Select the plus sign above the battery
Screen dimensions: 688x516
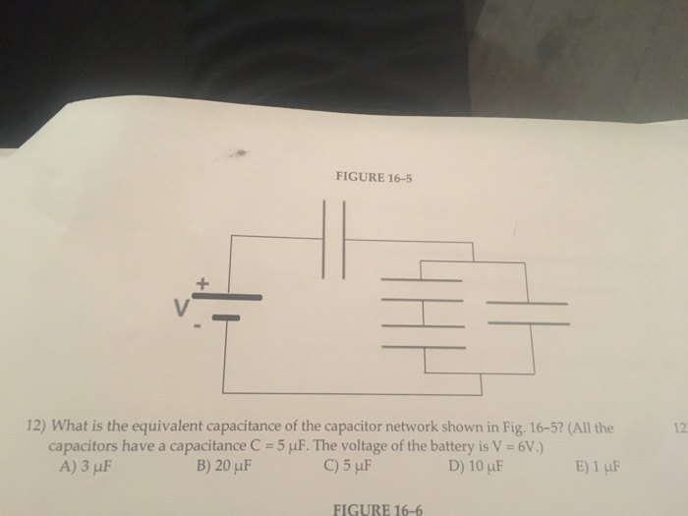(x=203, y=282)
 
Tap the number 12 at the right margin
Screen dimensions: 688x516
(x=677, y=429)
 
